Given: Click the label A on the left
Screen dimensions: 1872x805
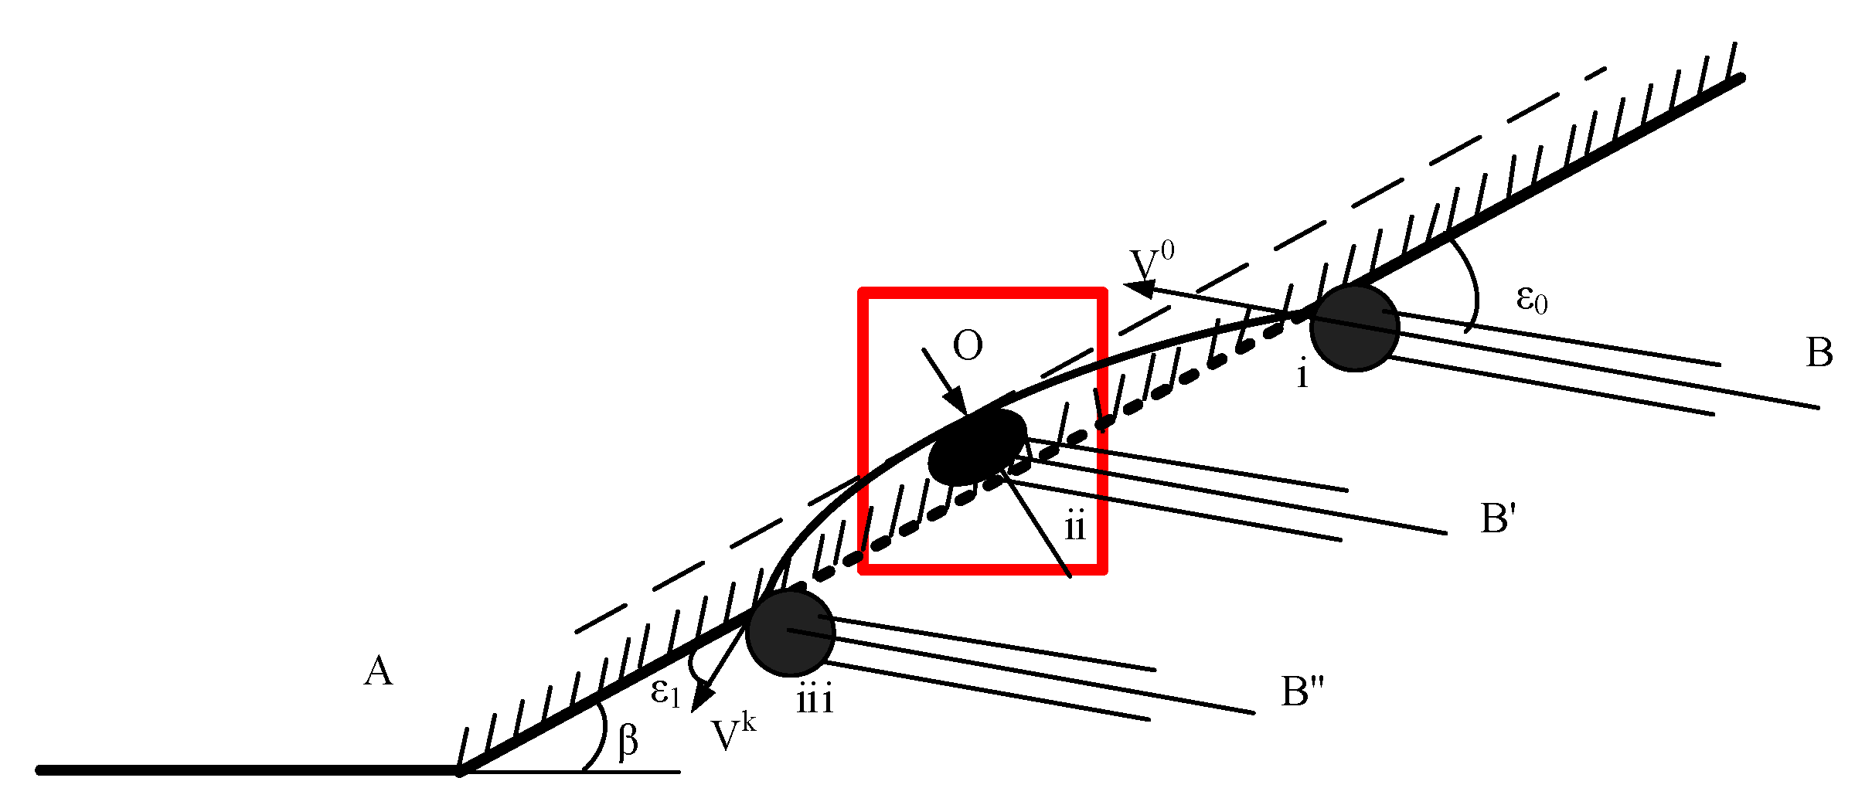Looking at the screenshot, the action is tap(378, 671).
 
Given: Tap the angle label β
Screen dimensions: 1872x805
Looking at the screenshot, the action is tap(628, 740).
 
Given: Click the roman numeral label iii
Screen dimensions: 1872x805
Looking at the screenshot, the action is tap(815, 701).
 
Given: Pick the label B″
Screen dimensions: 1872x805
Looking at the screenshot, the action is tap(1302, 691).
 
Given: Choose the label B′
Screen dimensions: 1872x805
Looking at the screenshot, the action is tap(1498, 518).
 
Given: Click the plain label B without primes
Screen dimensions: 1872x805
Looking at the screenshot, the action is tap(1819, 353).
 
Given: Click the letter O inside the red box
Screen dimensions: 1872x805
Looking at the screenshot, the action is tap(968, 345).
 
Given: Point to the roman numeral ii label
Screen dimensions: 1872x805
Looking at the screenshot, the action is tap(1075, 528).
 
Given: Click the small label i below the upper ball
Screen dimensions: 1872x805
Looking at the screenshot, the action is tap(1302, 375).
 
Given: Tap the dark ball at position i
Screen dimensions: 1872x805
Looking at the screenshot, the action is tap(1355, 328).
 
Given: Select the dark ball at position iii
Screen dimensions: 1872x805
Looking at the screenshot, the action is tap(791, 633).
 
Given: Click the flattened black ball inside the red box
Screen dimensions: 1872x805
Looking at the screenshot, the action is tap(978, 447).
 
